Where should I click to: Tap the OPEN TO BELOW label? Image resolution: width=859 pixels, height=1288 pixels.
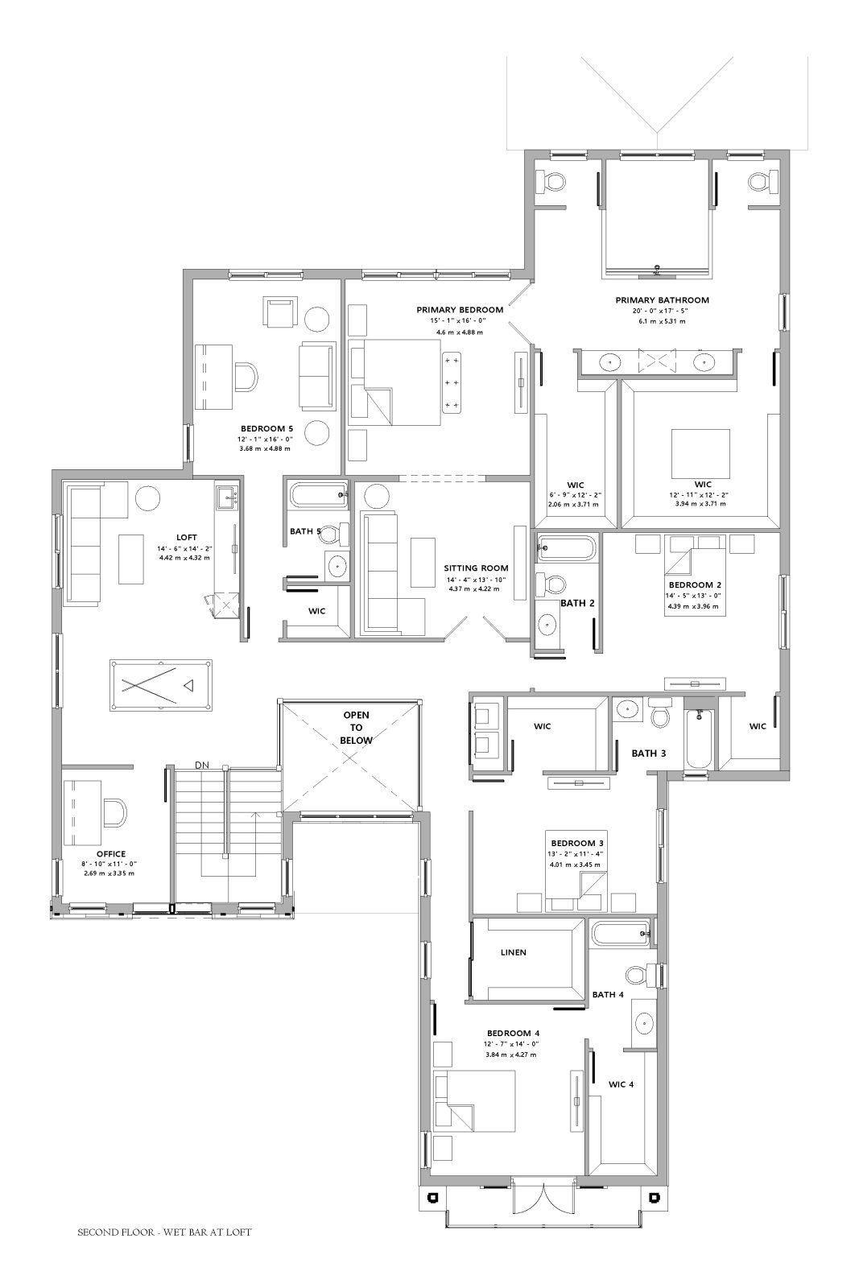pos(356,728)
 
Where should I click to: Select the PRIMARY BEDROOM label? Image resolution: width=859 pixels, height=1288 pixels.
pos(460,310)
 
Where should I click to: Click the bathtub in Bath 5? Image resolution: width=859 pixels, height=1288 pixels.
pos(319,495)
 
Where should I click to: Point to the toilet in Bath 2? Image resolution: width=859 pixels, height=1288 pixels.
pos(550,584)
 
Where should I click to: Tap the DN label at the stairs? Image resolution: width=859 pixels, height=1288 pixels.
pos(202,765)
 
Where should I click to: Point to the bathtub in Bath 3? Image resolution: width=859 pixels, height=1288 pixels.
pos(699,738)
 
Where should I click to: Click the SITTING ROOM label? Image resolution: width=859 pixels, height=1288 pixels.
pos(476,568)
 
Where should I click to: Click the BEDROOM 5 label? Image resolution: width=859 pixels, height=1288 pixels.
pos(266,428)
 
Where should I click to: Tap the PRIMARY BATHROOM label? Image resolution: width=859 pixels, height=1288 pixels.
pos(662,299)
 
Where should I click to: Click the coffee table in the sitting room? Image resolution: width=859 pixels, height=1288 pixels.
pos(423,563)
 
